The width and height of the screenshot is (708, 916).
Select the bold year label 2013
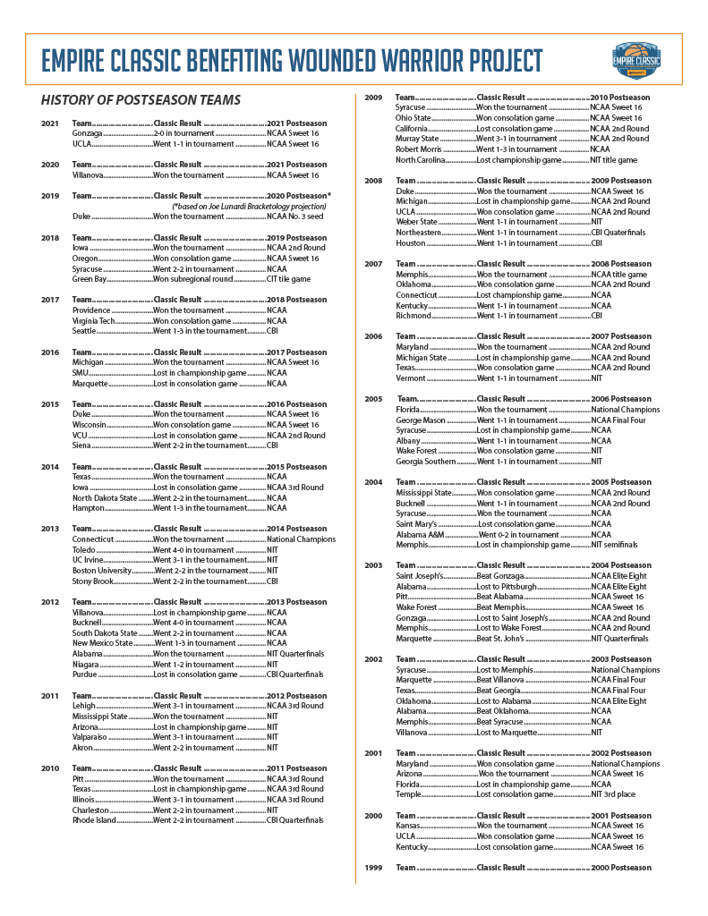point(50,529)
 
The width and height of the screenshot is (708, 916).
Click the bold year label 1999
point(374,868)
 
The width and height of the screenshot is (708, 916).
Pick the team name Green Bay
point(90,279)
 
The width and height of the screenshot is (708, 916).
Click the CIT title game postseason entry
point(288,279)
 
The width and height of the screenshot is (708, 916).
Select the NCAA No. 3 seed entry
point(293,216)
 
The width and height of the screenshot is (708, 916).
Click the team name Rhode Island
point(95,819)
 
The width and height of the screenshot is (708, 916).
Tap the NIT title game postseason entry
point(614,160)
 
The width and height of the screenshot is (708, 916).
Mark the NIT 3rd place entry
point(613,794)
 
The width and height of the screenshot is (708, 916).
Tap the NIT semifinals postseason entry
point(614,545)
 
